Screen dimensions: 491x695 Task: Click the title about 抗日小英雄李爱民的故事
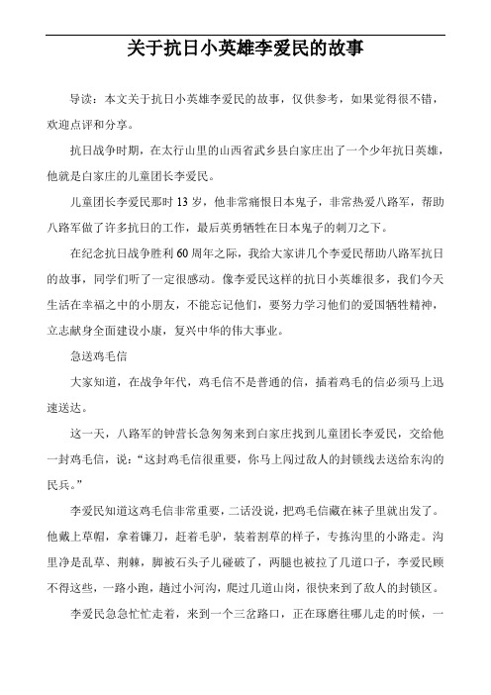tap(245, 47)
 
